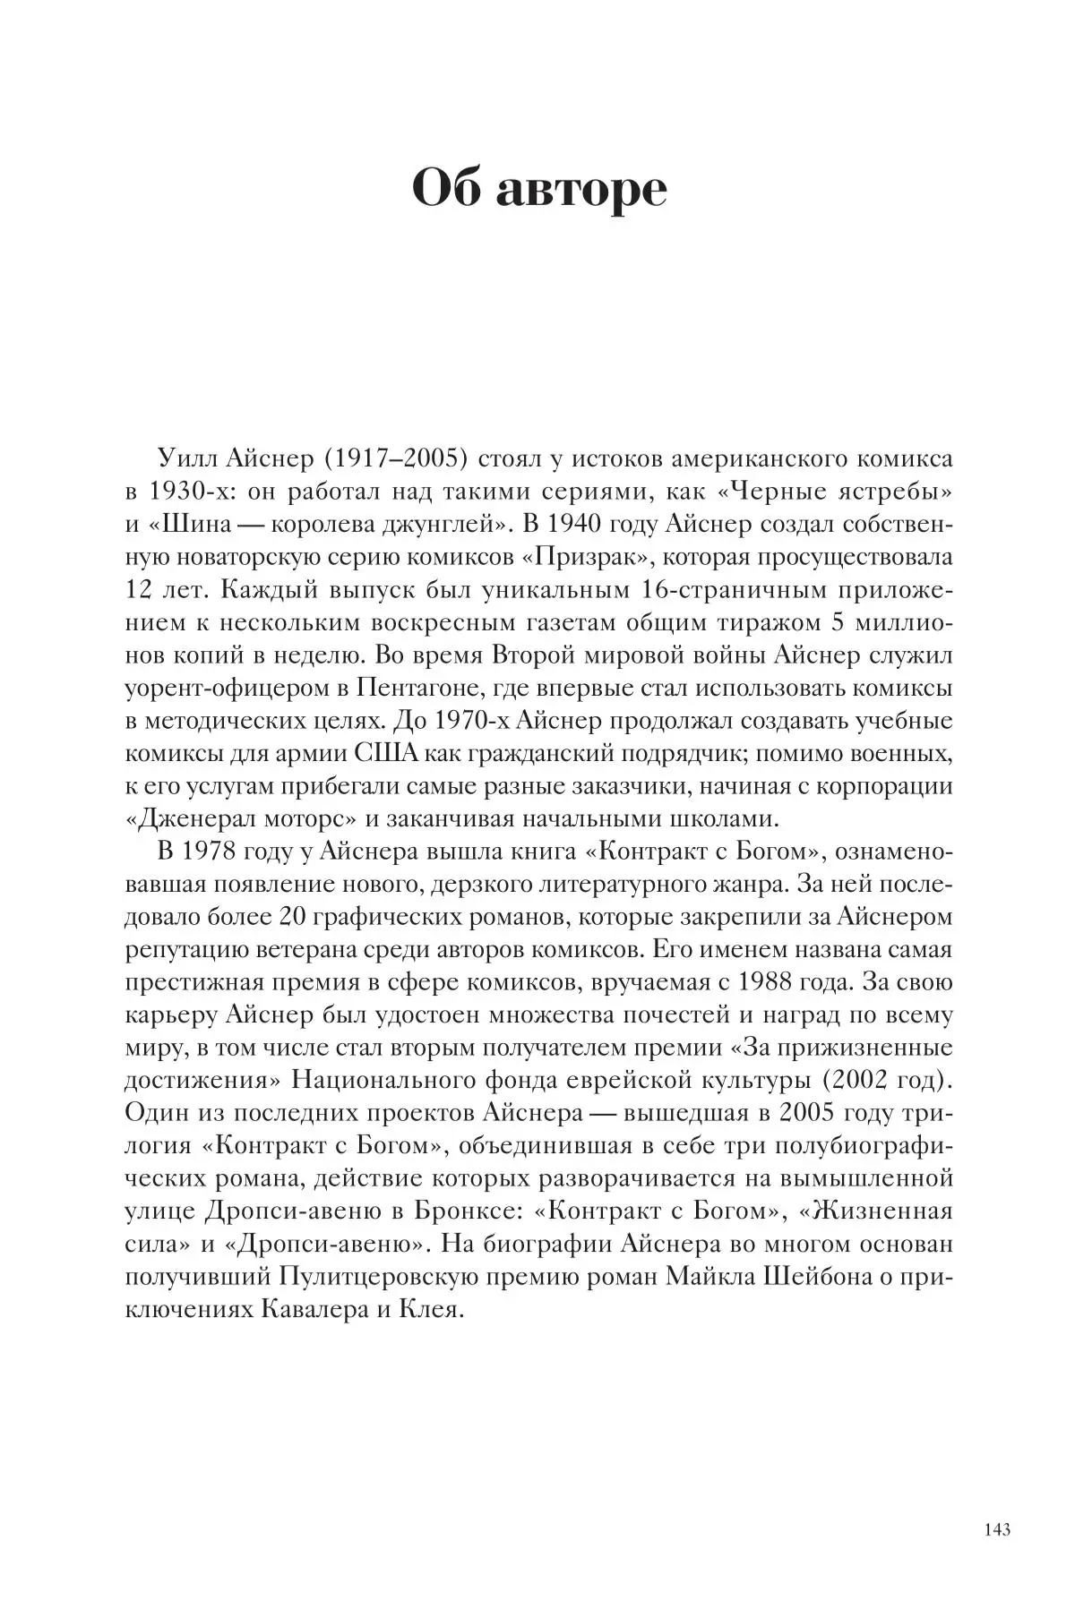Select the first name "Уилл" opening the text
[184, 459]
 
